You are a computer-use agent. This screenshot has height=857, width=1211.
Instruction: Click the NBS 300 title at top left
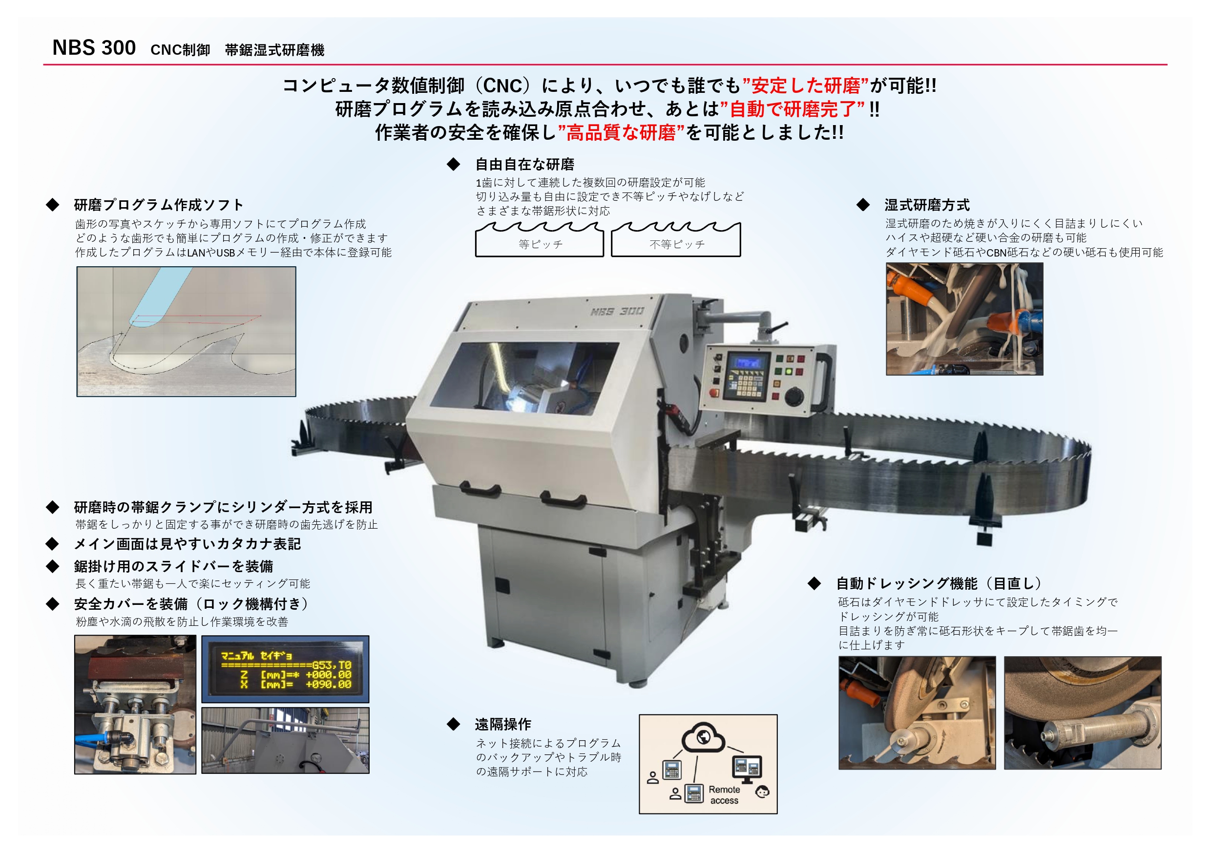94,47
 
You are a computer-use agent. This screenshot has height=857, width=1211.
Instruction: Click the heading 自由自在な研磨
525,164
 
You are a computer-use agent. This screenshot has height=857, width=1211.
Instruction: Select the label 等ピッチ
541,244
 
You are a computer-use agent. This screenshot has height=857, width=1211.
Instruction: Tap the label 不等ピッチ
677,244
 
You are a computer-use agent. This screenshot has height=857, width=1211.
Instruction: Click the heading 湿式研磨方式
927,205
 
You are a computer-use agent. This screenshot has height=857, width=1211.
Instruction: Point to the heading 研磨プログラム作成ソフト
158,205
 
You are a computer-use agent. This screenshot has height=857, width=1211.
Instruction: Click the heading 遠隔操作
502,724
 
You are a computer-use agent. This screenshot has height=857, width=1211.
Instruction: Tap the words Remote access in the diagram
724,795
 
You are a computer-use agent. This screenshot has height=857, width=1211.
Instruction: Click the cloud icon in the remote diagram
703,737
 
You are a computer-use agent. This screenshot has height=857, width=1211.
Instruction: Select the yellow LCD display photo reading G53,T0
285,669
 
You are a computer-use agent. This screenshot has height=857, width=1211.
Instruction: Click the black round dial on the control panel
794,397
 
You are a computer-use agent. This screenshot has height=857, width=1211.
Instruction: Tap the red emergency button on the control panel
715,393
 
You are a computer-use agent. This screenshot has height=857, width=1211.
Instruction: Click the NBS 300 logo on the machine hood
617,311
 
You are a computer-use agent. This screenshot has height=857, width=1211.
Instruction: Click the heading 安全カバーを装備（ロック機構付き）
191,604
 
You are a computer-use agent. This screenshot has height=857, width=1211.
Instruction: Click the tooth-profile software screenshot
186,331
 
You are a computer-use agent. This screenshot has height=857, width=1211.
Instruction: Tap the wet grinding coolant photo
964,319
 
